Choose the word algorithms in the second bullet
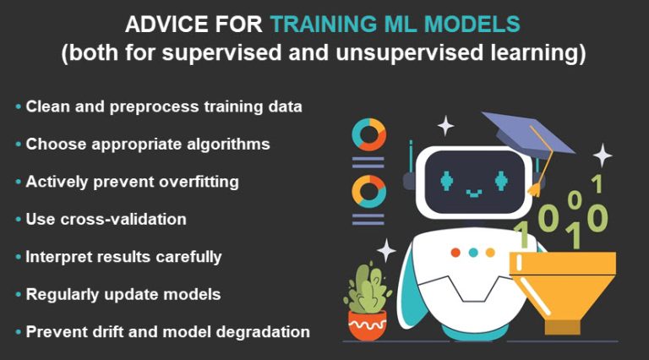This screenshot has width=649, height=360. [x=227, y=145]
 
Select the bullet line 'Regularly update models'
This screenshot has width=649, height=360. [x=123, y=294]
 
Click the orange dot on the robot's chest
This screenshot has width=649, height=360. [x=455, y=252]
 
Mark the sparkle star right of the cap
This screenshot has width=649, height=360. [x=602, y=155]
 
